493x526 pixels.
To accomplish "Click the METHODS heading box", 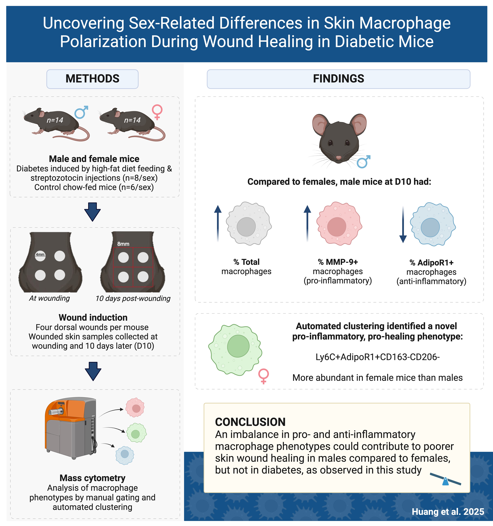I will pyautogui.click(x=92, y=79).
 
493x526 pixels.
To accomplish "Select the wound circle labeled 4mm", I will pyautogui.click(x=40, y=256).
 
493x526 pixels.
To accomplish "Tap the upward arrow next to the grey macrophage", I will pyautogui.click(x=218, y=224).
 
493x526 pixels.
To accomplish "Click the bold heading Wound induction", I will pyautogui.click(x=93, y=317).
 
